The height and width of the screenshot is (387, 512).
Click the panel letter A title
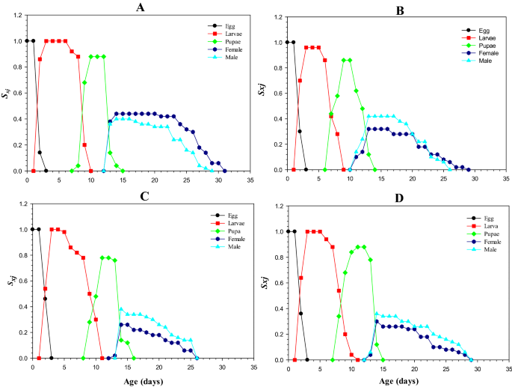(140, 7)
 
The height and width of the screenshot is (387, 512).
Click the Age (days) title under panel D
(398, 380)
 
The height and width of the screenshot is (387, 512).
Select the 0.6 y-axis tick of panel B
(279, 94)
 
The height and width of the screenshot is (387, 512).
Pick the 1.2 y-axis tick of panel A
(17, 15)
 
